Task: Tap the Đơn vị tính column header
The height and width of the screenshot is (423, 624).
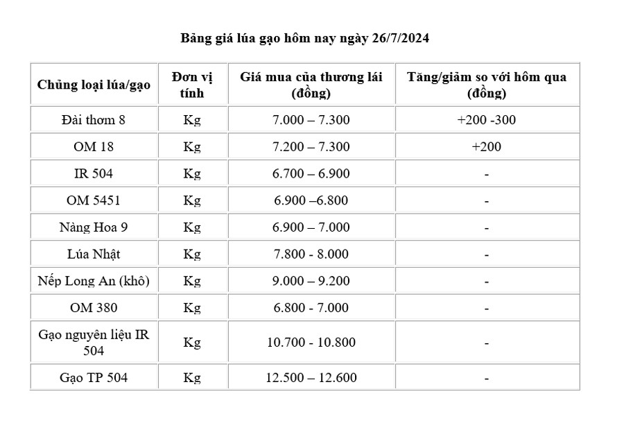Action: pos(192,85)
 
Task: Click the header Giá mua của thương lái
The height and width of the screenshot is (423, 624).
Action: pos(311,85)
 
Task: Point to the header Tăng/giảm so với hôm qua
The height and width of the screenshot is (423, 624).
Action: pos(486,85)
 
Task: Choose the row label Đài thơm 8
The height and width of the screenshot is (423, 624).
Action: pos(94,120)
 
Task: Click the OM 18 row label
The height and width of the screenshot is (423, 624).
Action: pos(94,147)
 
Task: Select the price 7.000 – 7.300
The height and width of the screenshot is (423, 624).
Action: pos(311,120)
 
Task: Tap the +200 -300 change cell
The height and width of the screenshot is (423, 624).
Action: pos(486,120)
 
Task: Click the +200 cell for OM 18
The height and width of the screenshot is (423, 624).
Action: pos(486,147)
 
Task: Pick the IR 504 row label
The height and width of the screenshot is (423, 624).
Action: pos(94,174)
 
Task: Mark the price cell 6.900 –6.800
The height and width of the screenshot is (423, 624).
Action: pos(311,201)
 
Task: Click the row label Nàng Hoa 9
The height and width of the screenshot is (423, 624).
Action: pos(94,227)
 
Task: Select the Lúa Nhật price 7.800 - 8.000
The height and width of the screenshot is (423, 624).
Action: pos(311,254)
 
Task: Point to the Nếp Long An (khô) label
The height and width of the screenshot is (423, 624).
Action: pos(94,282)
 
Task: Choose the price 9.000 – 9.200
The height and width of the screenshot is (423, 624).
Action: pos(311,282)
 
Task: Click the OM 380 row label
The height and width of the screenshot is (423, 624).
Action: pos(94,308)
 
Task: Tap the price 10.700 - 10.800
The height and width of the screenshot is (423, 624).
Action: pos(311,343)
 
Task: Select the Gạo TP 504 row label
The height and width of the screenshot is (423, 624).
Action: pos(94,378)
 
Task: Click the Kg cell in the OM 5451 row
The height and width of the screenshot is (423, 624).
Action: pos(192,201)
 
